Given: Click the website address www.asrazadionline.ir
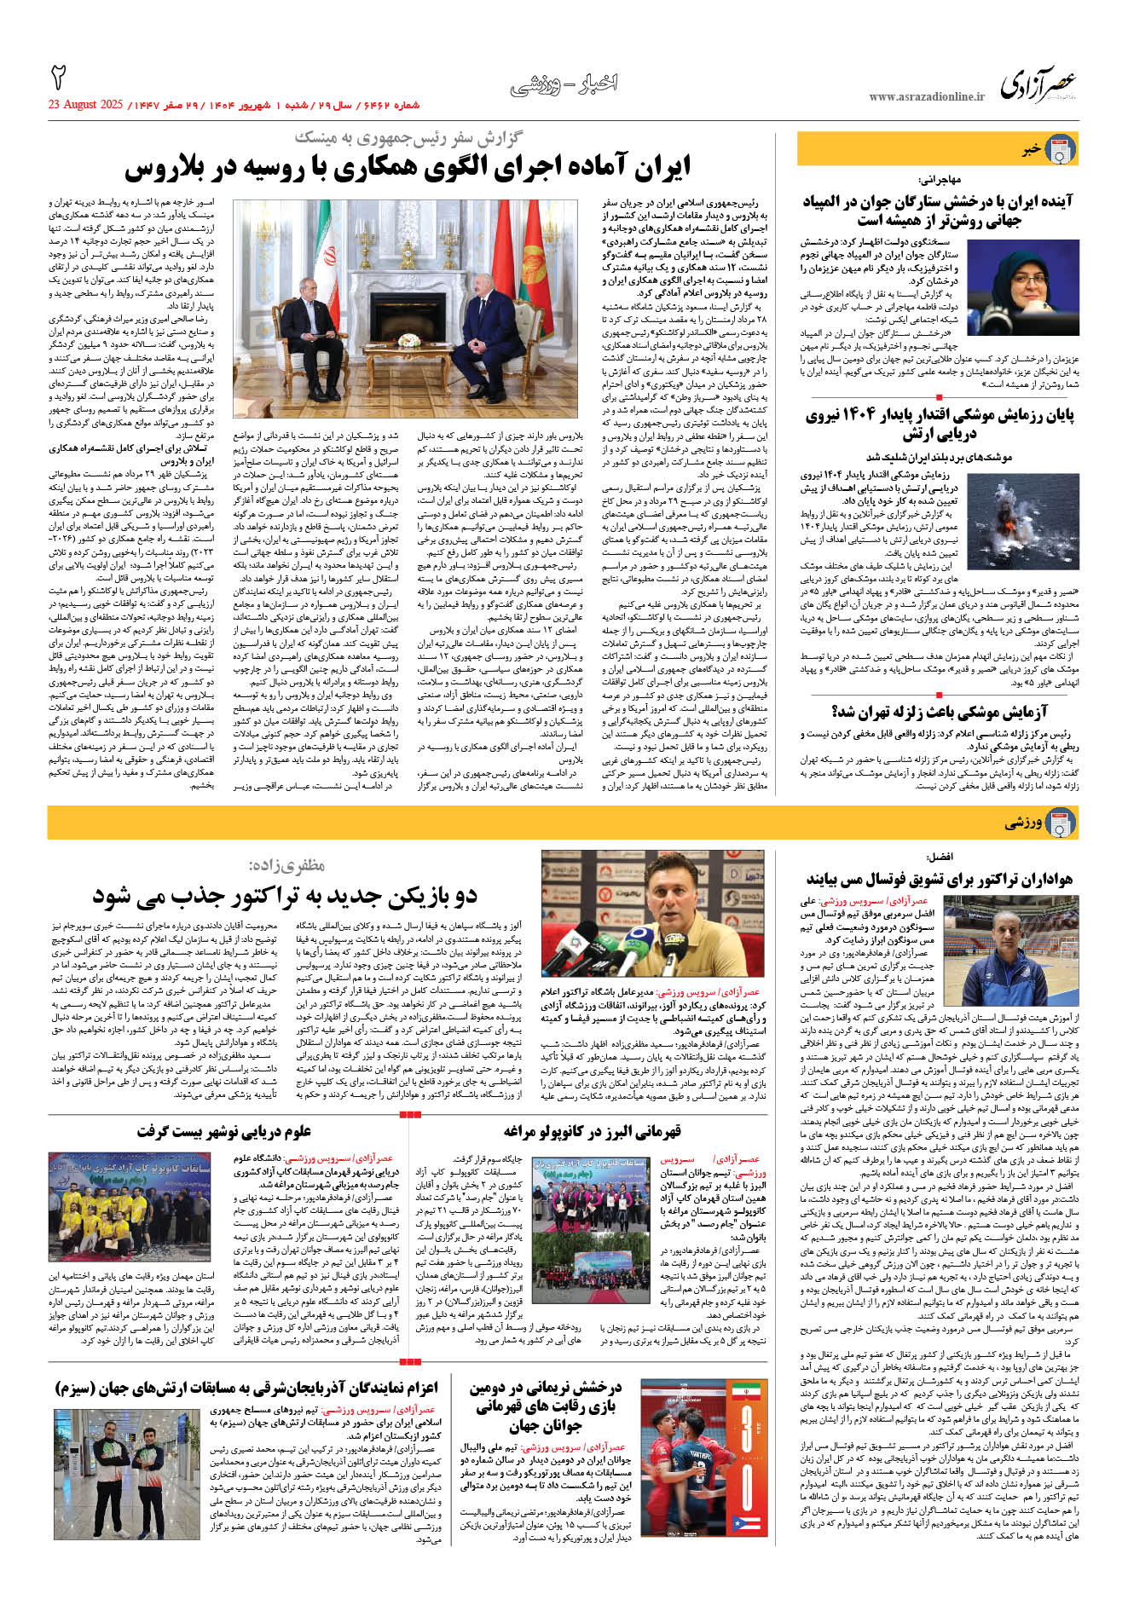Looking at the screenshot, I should pyautogui.click(x=926, y=97).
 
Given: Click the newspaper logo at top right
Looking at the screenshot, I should pyautogui.click(x=1038, y=83).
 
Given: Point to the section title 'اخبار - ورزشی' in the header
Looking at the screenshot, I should pyautogui.click(x=564, y=84).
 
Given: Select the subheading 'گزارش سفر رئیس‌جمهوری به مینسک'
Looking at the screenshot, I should pyautogui.click(x=408, y=137).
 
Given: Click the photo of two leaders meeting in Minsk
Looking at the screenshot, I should pyautogui.click(x=406, y=296).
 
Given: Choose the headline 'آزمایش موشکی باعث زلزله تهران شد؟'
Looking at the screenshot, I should pyautogui.click(x=939, y=712).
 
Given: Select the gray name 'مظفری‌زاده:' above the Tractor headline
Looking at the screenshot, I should pyautogui.click(x=286, y=865).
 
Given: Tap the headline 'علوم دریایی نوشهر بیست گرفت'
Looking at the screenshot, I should pyautogui.click(x=224, y=1131).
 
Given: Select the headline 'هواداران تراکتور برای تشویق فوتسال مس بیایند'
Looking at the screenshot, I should pyautogui.click(x=939, y=879).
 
